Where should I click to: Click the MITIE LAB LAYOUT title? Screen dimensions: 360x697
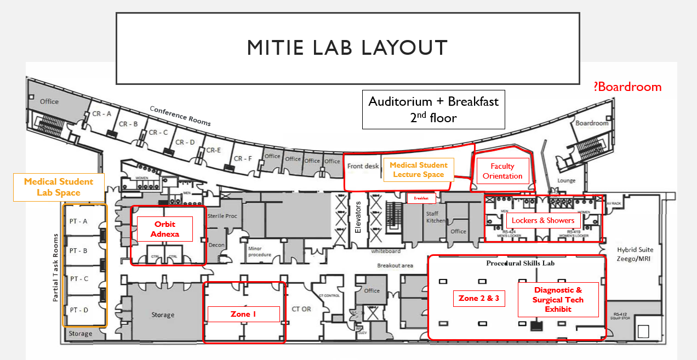[347, 48]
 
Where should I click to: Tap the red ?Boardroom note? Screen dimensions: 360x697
[627, 87]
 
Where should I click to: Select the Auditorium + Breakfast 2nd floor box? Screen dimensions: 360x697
[433, 109]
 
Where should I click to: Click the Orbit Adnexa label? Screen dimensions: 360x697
[165, 229]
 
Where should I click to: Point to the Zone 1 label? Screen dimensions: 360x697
[243, 314]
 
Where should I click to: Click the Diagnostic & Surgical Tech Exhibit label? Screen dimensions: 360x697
[558, 300]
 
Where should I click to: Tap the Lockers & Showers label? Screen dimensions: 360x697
[543, 221]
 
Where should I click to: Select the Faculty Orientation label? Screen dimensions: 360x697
[502, 171]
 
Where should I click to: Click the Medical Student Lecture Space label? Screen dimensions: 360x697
[419, 169]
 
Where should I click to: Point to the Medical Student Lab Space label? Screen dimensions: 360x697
[59, 187]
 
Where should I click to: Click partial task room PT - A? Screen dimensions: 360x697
[78, 221]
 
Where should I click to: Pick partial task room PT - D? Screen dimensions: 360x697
[78, 310]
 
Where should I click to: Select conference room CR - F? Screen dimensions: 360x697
[243, 158]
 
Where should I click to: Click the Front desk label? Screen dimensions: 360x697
[363, 166]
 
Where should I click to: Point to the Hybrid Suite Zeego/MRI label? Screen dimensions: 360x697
[635, 254]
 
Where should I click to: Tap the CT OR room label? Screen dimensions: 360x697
[301, 309]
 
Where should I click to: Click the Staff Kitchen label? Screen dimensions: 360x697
[432, 217]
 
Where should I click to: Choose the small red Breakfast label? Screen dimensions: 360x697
[421, 198]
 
